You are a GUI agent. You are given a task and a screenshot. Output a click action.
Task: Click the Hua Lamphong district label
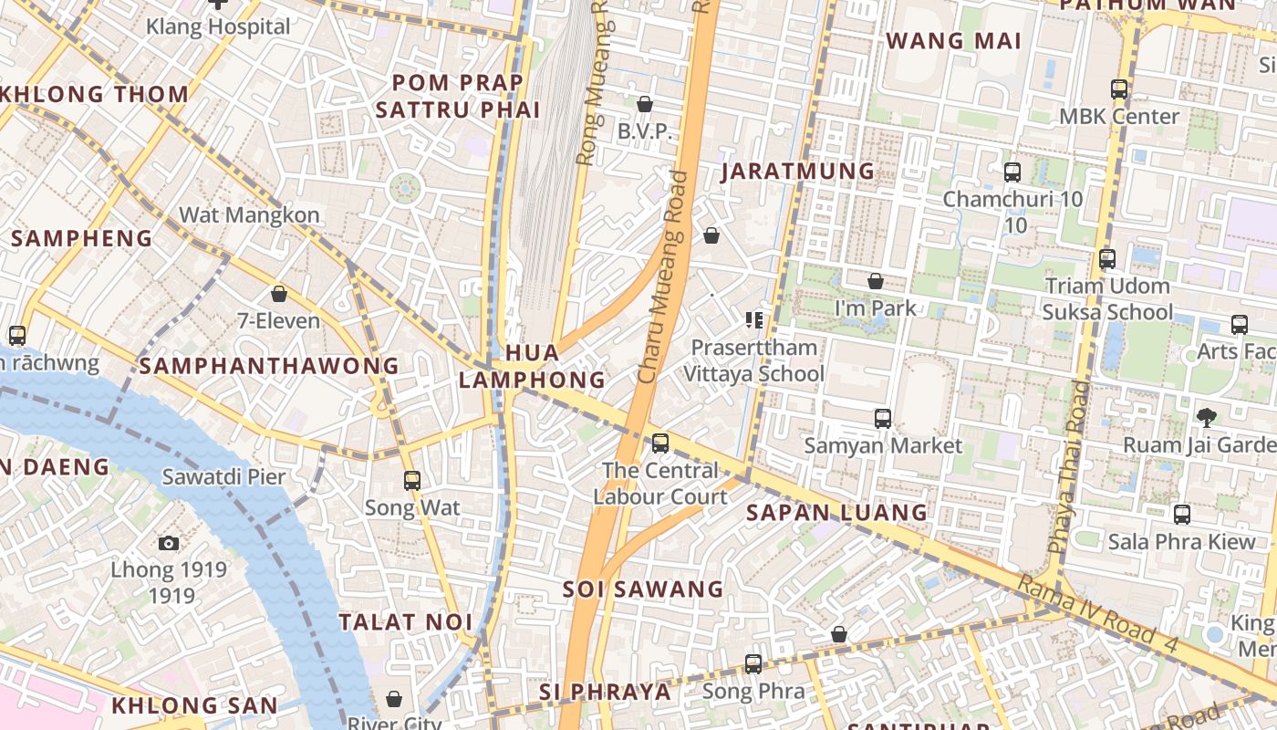point(532,366)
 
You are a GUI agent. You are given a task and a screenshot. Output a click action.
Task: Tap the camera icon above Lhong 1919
point(169,544)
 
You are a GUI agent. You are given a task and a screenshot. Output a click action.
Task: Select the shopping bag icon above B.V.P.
point(645,105)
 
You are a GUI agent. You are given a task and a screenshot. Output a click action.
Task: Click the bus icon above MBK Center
point(1119,89)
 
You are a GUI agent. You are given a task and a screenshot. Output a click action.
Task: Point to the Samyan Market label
point(883,445)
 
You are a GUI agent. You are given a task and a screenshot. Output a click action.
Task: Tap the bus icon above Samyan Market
point(883,419)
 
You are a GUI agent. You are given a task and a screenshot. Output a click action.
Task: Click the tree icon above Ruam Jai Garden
point(1207,418)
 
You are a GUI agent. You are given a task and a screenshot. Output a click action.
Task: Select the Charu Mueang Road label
point(661,278)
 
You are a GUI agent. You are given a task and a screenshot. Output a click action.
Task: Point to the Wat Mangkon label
point(249,215)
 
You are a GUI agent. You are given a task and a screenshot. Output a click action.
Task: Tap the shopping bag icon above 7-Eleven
point(279,294)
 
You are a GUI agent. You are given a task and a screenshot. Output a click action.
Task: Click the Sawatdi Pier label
point(223,476)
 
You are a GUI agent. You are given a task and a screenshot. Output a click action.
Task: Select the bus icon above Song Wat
point(412,481)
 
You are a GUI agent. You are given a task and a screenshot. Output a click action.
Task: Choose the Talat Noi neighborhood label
point(406,622)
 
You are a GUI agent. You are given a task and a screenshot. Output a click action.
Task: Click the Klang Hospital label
point(218,26)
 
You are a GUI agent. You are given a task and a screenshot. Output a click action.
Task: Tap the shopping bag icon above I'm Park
point(876,281)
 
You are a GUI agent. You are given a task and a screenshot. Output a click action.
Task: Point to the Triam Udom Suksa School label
point(1107,299)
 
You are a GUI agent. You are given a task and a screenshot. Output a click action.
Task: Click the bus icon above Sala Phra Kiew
point(1182,515)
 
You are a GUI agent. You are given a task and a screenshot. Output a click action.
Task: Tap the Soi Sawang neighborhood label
point(643,589)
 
